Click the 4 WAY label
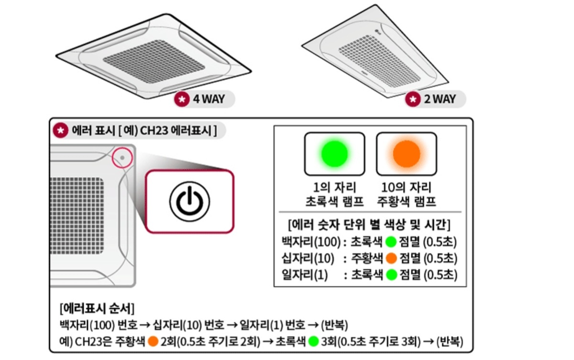(x=208, y=99)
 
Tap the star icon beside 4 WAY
(x=182, y=99)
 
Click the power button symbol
(x=189, y=201)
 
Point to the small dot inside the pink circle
(x=122, y=157)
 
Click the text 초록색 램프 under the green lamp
(x=334, y=201)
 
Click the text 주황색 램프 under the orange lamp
(x=406, y=201)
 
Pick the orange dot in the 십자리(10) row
(x=392, y=258)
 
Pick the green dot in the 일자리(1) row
(x=392, y=275)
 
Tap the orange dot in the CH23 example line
(x=153, y=342)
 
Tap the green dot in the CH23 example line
(x=314, y=342)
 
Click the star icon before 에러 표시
(x=60, y=130)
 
